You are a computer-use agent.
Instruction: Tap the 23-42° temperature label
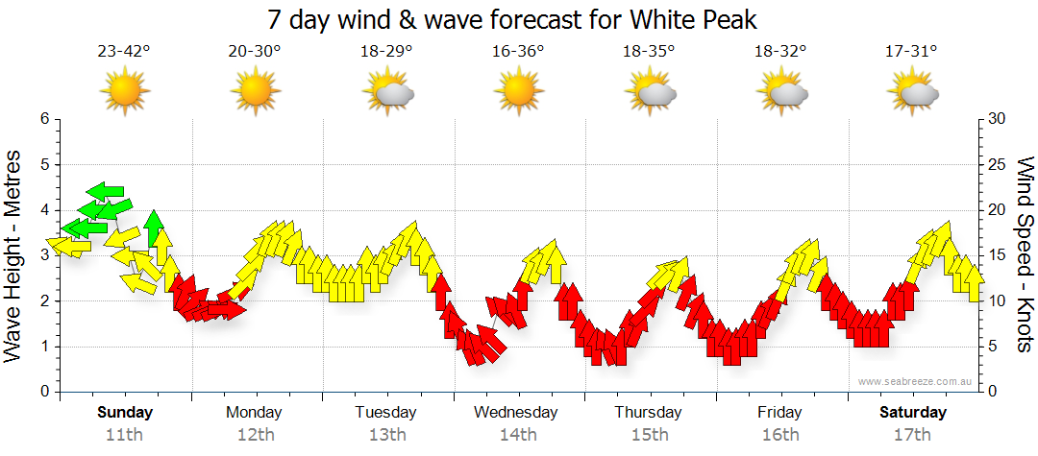point(124,52)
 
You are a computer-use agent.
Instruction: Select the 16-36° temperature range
point(518,52)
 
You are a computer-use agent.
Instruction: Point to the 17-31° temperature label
point(911,52)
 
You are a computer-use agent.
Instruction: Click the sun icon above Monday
point(255,92)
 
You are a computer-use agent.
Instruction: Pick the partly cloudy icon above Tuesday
point(387,92)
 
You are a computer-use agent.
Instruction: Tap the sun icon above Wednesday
point(518,92)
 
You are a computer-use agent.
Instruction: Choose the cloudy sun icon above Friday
point(780,92)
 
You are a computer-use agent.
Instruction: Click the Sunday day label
point(124,413)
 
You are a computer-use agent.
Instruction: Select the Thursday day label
point(649,413)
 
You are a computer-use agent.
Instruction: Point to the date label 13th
point(386,435)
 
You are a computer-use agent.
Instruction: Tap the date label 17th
point(911,435)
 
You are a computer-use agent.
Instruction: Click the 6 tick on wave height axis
point(43,119)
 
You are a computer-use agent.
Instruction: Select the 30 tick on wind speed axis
point(997,119)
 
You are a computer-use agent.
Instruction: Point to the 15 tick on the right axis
point(997,255)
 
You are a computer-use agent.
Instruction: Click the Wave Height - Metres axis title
point(14,255)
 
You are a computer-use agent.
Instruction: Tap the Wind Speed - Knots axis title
point(1024,255)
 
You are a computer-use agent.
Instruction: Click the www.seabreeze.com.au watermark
point(916,381)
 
